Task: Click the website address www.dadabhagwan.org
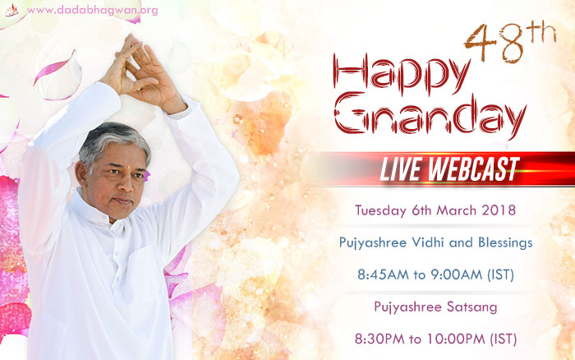coord(92,11)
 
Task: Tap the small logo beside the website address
coord(11,11)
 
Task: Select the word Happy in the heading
coord(401,75)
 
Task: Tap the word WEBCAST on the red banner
coord(473,168)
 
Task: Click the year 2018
coord(499,210)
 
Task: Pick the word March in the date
coord(457,210)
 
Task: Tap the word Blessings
coord(505,243)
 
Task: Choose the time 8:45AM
coord(384,275)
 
